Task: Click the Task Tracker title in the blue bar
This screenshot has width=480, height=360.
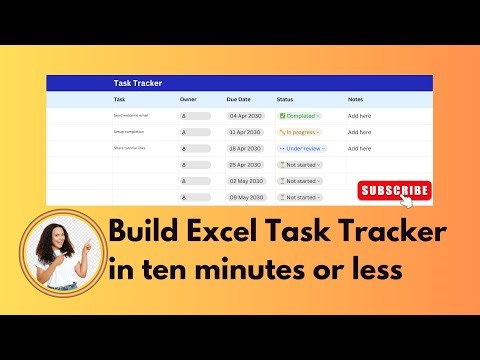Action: [138, 84]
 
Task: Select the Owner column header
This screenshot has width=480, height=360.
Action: [188, 100]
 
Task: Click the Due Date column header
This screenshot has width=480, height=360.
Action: [240, 100]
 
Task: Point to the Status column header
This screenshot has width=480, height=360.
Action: [285, 100]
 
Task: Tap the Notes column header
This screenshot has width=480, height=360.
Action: [356, 100]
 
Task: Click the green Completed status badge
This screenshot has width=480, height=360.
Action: [299, 116]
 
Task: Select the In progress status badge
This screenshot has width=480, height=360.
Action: [299, 132]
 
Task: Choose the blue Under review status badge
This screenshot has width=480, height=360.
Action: [300, 148]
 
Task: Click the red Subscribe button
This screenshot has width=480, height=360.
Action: [394, 189]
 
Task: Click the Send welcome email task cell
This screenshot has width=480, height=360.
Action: [131, 116]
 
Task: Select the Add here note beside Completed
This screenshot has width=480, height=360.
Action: [359, 116]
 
